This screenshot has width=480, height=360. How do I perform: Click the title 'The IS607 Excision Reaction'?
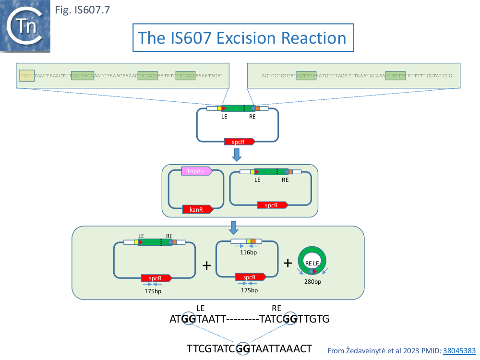242,38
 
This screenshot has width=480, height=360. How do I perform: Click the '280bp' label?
312,282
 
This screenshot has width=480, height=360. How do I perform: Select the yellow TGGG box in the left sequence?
27,75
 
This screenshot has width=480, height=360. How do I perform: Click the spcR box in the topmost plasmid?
239,142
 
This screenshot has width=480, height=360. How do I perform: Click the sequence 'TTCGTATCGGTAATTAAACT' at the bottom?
250,348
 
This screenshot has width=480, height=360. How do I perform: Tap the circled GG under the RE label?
290,319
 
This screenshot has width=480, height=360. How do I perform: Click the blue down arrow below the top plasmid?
237,155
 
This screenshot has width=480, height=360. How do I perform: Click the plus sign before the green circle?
288,263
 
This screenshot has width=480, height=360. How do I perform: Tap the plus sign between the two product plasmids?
207,265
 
